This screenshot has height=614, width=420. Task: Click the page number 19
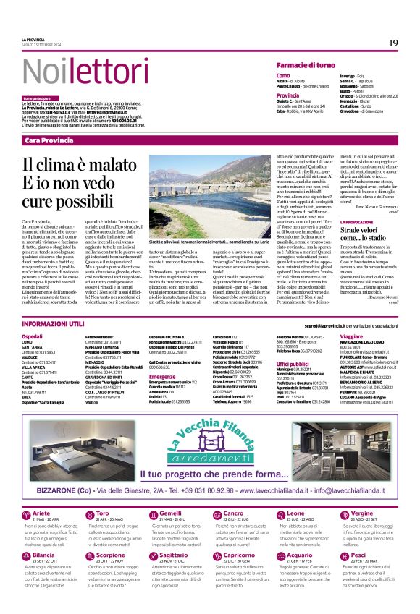pos(393,43)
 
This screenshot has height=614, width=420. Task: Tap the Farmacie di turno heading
pos(305,65)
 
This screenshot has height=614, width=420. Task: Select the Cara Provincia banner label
pos(49,140)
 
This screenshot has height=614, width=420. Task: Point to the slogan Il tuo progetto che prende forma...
pos(210,474)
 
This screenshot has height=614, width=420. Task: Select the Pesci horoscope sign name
pos(356,556)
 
